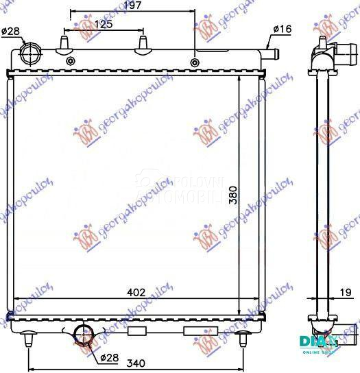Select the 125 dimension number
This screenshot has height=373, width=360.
click(104, 25)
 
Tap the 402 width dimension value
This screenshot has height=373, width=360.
click(136, 293)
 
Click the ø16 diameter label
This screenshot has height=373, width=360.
click(283, 29)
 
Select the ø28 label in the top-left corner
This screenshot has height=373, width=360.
click(10, 32)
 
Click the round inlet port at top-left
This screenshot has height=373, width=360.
click(31, 53)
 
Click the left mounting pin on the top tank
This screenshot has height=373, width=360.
click(64, 44)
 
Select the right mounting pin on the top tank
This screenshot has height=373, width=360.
click(144, 44)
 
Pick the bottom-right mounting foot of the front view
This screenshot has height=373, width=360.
click(243, 337)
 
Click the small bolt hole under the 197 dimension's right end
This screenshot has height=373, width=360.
click(195, 63)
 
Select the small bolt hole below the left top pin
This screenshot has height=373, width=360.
click(70, 62)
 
